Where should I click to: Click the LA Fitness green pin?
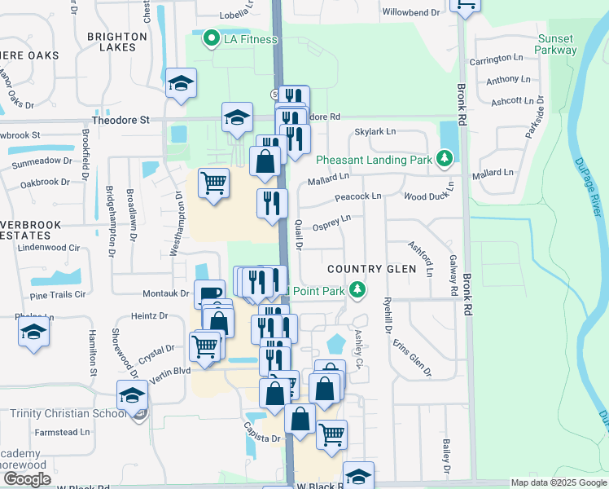[211, 37]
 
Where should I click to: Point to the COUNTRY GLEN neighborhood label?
[371, 269]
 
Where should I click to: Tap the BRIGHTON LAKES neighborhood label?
[116, 42]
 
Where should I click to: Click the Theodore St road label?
[120, 120]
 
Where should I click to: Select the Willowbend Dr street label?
[410, 13]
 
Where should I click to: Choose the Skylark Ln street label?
[375, 131]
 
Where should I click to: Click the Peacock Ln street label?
[357, 197]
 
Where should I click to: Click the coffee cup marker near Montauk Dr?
[209, 293]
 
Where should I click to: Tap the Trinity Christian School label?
[68, 413]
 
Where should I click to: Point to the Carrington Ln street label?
[496, 59]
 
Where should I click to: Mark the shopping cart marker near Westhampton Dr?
[213, 183]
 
